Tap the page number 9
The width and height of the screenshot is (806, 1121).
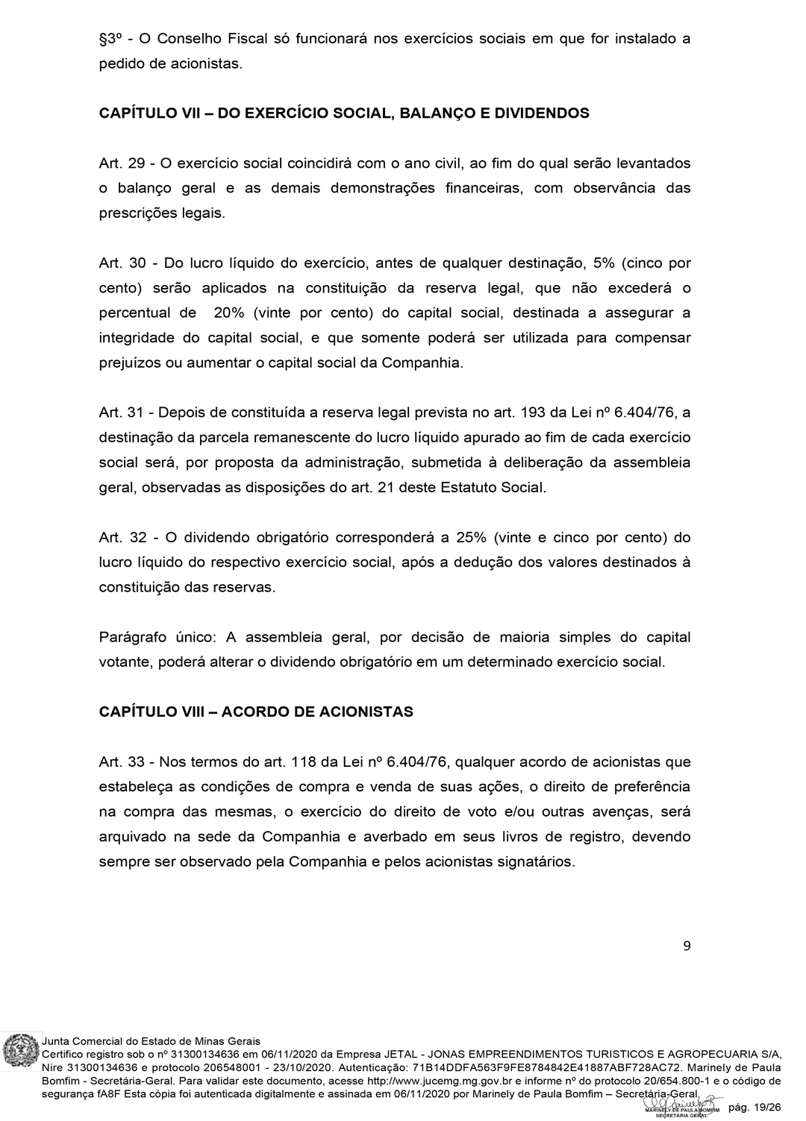(x=687, y=946)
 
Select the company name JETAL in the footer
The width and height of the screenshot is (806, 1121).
(x=401, y=1054)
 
